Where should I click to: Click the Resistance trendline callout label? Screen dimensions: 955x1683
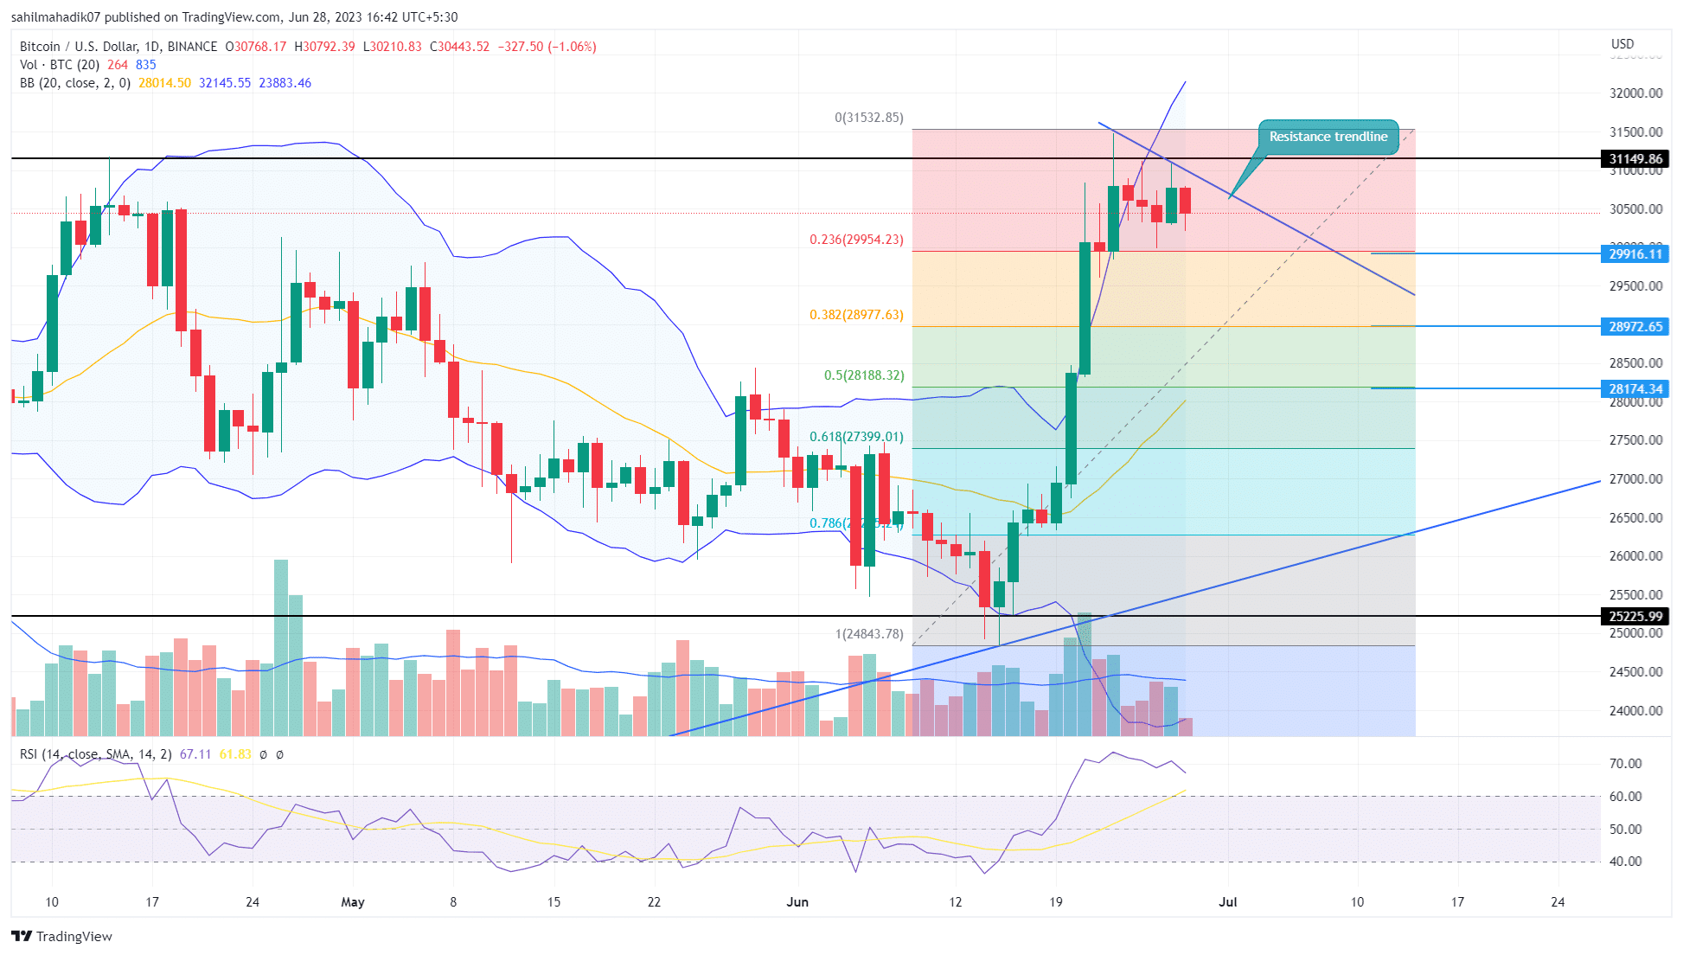[x=1328, y=137]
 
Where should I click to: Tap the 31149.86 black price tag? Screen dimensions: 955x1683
[x=1635, y=158]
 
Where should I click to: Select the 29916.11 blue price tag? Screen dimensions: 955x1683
[x=1635, y=253]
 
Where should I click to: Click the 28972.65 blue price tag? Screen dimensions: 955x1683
[x=1635, y=326]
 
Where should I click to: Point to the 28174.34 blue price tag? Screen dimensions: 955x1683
[x=1635, y=388]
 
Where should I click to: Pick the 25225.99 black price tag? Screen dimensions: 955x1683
[x=1635, y=616]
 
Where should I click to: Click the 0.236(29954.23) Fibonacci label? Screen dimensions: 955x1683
[x=856, y=240]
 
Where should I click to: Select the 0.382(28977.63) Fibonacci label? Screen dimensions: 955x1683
[x=856, y=315]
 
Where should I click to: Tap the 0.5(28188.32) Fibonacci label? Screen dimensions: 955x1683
[x=864, y=375]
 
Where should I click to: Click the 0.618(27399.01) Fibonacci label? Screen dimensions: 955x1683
[x=856, y=437]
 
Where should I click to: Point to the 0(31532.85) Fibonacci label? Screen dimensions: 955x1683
[x=868, y=118]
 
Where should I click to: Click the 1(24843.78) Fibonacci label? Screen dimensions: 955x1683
[x=869, y=634]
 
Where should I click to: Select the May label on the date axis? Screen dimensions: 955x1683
[x=353, y=902]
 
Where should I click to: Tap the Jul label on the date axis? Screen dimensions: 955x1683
[x=1227, y=902]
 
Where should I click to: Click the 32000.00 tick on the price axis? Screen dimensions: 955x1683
[x=1635, y=93]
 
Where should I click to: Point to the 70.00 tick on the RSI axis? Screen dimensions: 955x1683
[x=1625, y=764]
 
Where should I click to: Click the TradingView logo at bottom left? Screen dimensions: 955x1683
[x=62, y=936]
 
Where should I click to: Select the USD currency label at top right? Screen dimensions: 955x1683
[x=1622, y=44]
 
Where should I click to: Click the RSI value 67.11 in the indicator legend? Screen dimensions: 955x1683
[x=195, y=754]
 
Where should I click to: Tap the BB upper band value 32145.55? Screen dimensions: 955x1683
[x=225, y=83]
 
